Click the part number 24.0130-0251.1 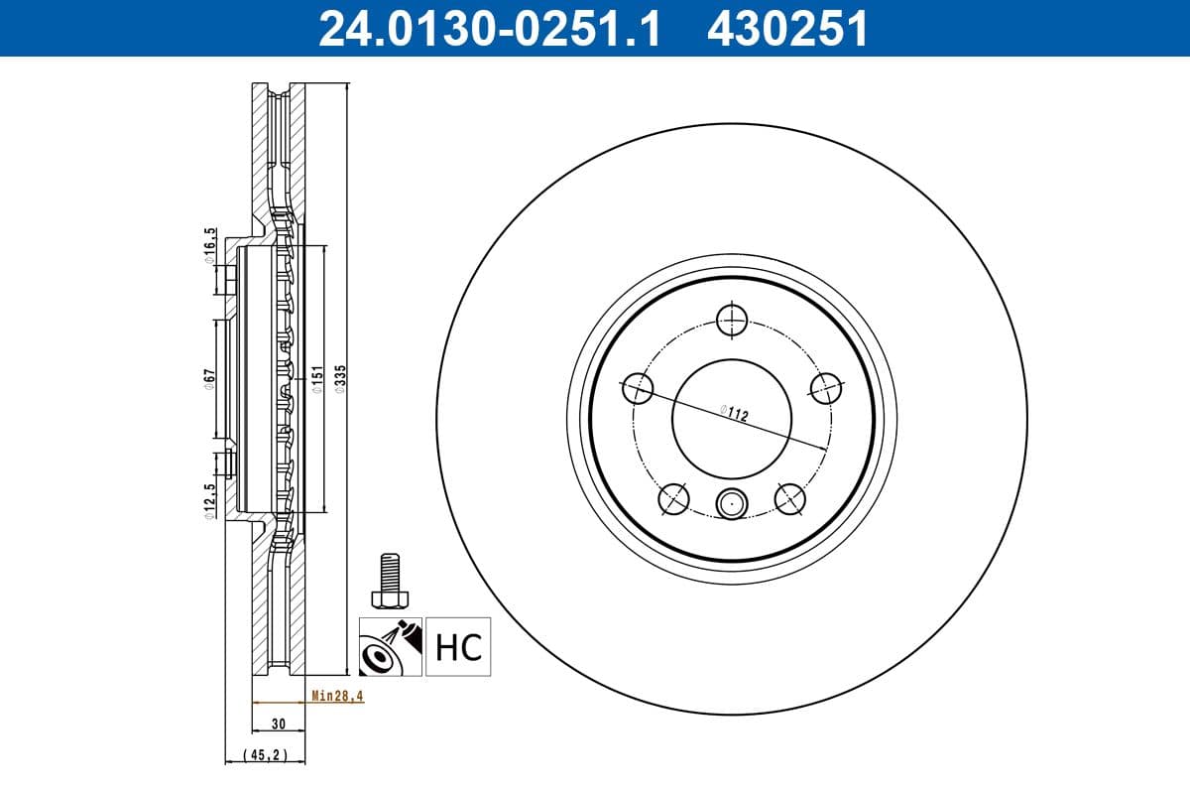tap(490, 29)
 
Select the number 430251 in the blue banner tap(787, 29)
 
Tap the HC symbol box tap(458, 647)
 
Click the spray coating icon tap(391, 647)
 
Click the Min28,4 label tap(337, 696)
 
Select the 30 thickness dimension tap(279, 724)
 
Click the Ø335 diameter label tap(340, 379)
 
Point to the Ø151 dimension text tap(317, 379)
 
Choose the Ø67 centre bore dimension tap(209, 379)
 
